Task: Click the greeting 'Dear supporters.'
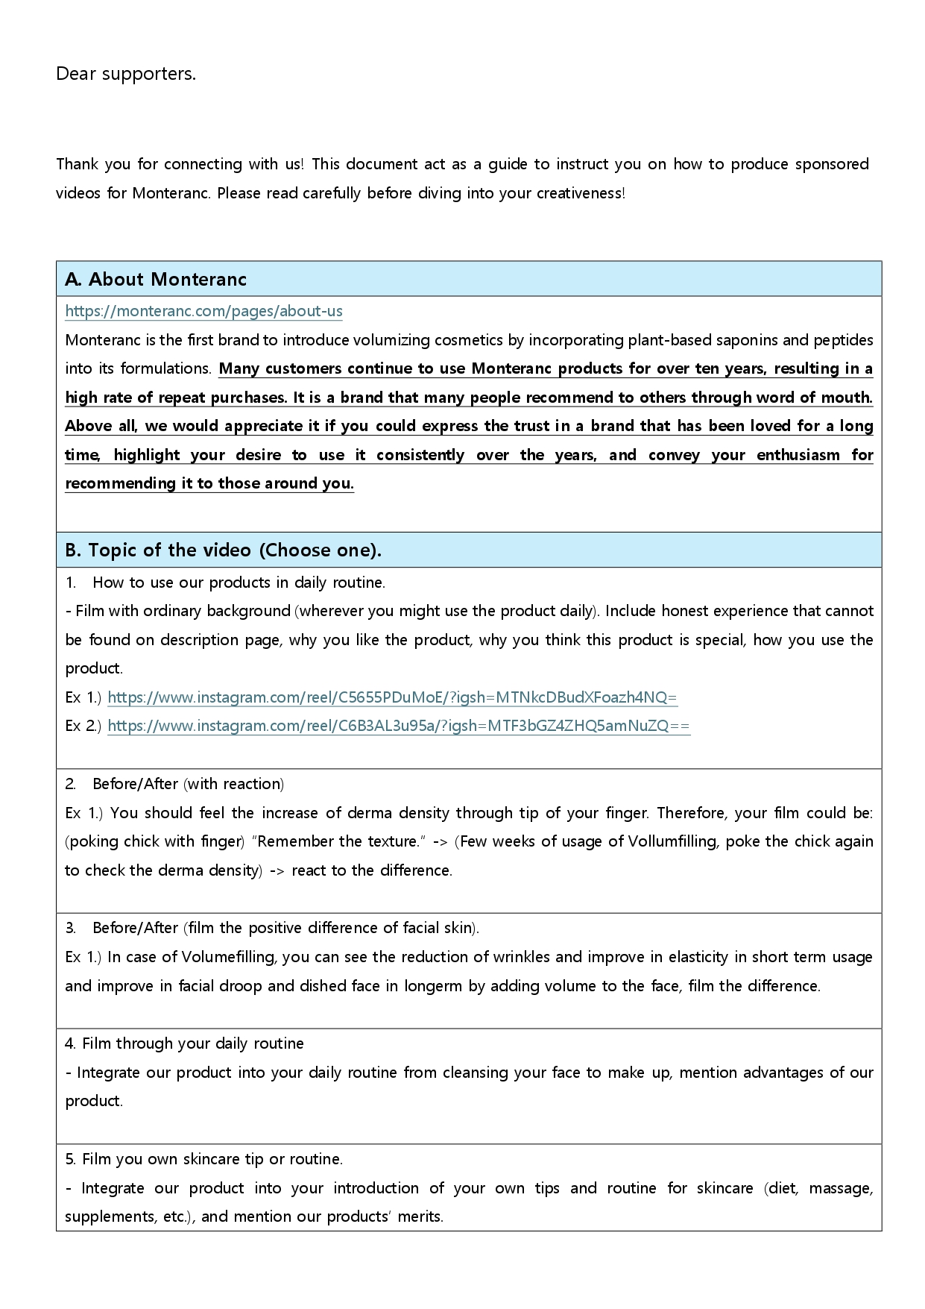click(126, 74)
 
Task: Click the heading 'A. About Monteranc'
click(156, 280)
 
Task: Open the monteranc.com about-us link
click(203, 311)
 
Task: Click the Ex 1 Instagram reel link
click(392, 697)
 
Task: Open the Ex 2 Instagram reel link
click(399, 726)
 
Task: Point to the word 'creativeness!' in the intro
click(581, 193)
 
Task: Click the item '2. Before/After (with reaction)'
click(174, 784)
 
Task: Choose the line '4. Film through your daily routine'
click(184, 1043)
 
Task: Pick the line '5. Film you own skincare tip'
click(203, 1159)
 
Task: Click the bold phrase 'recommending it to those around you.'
click(209, 483)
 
